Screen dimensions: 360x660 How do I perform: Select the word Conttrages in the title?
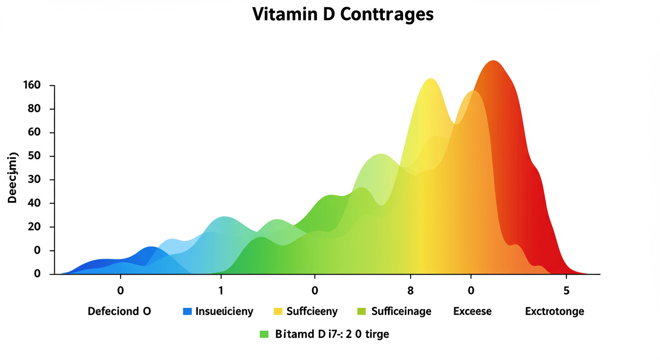[387, 15]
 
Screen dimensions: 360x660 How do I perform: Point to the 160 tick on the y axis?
[32, 85]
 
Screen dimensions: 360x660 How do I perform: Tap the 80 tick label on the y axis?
[35, 109]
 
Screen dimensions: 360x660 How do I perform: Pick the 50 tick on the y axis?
[35, 156]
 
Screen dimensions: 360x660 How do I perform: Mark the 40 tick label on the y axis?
[35, 203]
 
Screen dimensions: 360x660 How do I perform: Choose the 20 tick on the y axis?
[35, 227]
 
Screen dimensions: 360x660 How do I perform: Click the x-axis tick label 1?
[221, 290]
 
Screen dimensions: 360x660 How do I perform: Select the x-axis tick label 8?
[411, 290]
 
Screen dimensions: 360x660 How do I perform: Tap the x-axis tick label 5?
[566, 290]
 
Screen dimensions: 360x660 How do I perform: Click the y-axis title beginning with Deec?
[13, 178]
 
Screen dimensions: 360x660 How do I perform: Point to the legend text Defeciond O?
[119, 311]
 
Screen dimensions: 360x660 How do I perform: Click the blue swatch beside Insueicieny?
[187, 311]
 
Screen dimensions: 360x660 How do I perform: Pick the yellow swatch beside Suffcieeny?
[277, 311]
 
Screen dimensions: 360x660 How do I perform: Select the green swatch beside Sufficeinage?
[361, 311]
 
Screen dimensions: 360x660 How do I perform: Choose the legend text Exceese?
[472, 311]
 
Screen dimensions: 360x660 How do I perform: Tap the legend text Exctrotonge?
[555, 311]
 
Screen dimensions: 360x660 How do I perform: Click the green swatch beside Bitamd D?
[264, 335]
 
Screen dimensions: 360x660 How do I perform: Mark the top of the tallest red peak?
[493, 61]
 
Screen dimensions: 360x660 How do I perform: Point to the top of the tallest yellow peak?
[431, 79]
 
